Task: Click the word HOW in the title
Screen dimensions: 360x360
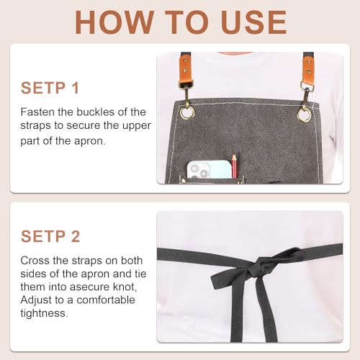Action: pyautogui.click(x=114, y=22)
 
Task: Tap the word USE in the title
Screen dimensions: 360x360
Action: pyautogui.click(x=253, y=22)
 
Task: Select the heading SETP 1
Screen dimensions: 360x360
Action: pyautogui.click(x=50, y=88)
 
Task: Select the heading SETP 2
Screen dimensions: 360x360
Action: pyautogui.click(x=50, y=236)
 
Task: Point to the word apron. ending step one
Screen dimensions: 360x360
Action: pyautogui.click(x=90, y=141)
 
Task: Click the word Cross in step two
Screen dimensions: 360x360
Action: pyautogui.click(x=35, y=261)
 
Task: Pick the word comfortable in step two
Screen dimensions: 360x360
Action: pyautogui.click(x=106, y=300)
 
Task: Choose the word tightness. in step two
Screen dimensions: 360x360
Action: pyautogui.click(x=45, y=313)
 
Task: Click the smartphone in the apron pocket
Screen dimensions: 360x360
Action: pyautogui.click(x=209, y=170)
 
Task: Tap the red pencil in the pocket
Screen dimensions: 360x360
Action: pyautogui.click(x=234, y=165)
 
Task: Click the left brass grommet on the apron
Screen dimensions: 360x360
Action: pyautogui.click(x=187, y=112)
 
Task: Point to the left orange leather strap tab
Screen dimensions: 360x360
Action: pyautogui.click(x=186, y=68)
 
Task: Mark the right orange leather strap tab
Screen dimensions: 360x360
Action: pyautogui.click(x=308, y=69)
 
